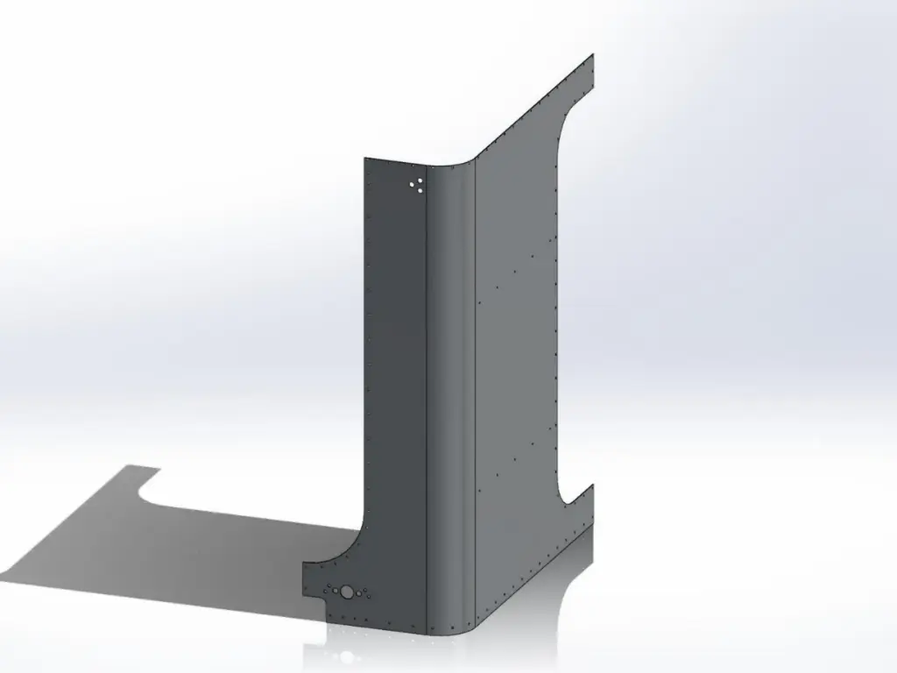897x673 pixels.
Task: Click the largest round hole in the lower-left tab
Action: point(347,592)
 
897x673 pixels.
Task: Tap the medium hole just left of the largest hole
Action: point(334,591)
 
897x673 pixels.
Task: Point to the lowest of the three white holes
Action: point(419,189)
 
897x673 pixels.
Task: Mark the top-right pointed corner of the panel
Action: point(593,55)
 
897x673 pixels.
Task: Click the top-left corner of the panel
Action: point(365,159)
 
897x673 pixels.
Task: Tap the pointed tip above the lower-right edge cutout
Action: point(593,485)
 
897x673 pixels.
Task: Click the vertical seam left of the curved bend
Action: point(427,394)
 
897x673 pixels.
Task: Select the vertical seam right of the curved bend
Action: point(475,394)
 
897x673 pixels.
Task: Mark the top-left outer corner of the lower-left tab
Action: point(304,563)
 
